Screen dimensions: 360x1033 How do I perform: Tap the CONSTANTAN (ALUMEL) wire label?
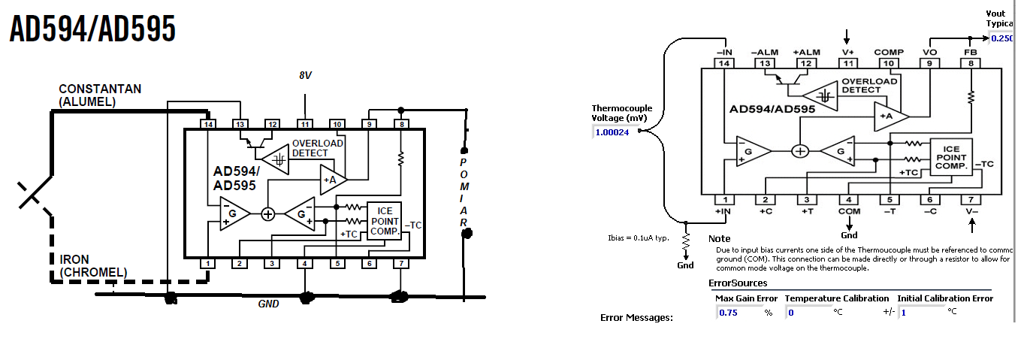tap(100, 95)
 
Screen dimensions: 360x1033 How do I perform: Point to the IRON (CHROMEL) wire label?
tap(93, 265)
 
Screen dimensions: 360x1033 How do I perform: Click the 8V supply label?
tap(305, 77)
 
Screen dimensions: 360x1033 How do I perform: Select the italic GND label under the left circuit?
tap(269, 304)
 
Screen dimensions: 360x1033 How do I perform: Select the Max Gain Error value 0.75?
tap(729, 313)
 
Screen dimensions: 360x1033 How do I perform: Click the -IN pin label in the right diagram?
tap(724, 52)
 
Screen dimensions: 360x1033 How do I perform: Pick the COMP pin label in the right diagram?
tap(889, 52)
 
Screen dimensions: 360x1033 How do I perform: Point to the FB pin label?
tap(971, 52)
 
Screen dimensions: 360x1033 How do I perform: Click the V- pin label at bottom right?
tap(971, 212)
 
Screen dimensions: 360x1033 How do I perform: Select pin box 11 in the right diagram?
tap(847, 63)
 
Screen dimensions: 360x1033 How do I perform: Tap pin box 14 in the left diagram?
tap(207, 123)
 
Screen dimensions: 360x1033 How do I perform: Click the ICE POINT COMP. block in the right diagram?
tap(950, 158)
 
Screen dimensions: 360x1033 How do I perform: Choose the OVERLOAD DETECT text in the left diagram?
tap(317, 148)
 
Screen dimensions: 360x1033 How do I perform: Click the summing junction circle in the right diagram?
tap(801, 151)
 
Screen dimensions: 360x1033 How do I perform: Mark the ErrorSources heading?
tap(739, 283)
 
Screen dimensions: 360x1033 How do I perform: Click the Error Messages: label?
tap(636, 317)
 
